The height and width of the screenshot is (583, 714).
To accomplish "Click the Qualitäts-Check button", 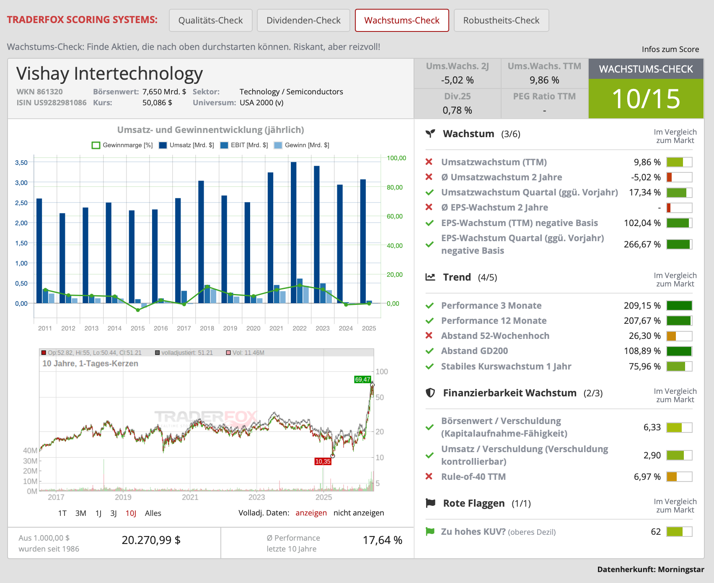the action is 210,20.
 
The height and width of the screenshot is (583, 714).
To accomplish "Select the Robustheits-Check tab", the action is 501,20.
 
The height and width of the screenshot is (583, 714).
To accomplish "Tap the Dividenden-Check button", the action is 303,20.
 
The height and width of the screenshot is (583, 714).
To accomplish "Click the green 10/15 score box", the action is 646,99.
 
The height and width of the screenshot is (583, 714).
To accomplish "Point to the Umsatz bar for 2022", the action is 294,232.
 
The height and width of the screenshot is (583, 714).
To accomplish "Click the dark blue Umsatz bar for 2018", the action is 201,242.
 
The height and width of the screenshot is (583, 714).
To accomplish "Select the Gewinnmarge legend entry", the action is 122,145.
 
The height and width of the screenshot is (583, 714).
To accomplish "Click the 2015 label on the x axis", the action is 137,328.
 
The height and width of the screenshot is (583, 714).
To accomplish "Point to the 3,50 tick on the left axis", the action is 21,162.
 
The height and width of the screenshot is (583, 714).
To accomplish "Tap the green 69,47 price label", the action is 362,380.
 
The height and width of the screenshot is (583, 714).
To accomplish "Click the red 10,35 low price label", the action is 323,461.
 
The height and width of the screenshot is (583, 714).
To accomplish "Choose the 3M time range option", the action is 81,513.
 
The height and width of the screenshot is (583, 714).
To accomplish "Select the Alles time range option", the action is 153,513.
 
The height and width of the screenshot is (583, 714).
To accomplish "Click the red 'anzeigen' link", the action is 311,513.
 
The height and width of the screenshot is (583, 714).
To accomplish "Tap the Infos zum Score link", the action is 670,49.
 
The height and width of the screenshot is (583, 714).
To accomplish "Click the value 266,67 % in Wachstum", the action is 642,244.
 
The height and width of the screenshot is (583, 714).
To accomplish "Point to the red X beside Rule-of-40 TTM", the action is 429,476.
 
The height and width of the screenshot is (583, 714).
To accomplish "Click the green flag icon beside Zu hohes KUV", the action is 430,531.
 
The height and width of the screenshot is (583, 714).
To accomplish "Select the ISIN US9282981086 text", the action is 52,102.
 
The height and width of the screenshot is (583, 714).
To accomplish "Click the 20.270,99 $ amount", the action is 151,540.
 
